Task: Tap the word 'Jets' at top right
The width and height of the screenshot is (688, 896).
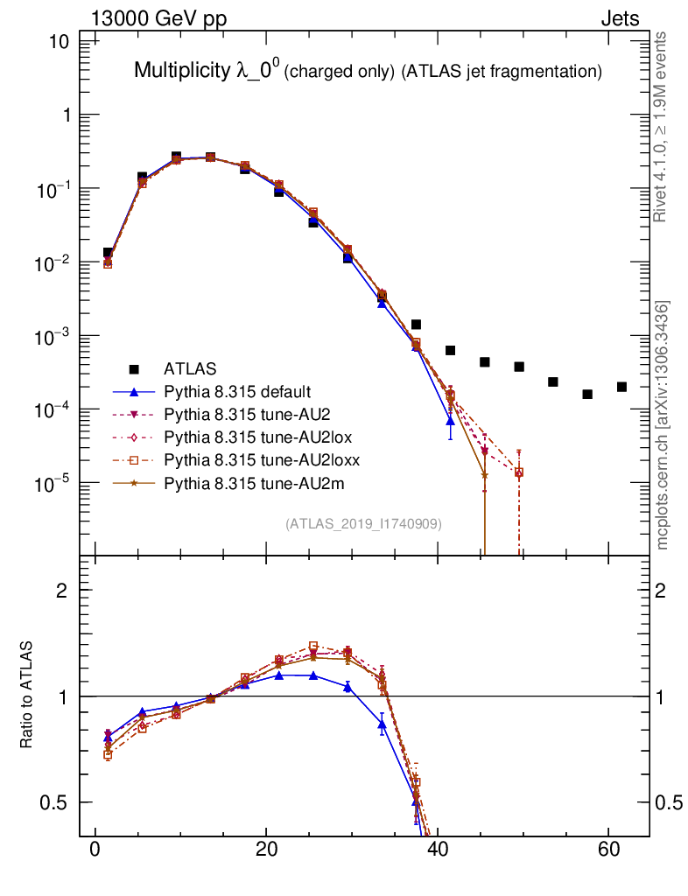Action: pyautogui.click(x=619, y=18)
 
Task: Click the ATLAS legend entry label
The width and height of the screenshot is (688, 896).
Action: pyautogui.click(x=191, y=368)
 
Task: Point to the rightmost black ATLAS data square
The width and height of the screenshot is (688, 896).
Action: pyautogui.click(x=621, y=387)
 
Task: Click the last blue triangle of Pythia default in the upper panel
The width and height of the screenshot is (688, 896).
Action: pyautogui.click(x=450, y=421)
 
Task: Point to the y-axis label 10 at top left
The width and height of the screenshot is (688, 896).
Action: pyautogui.click(x=60, y=42)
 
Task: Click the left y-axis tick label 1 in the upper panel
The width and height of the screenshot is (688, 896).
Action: pyautogui.click(x=67, y=115)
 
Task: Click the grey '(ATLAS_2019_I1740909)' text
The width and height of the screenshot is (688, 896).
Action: pyautogui.click(x=363, y=524)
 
